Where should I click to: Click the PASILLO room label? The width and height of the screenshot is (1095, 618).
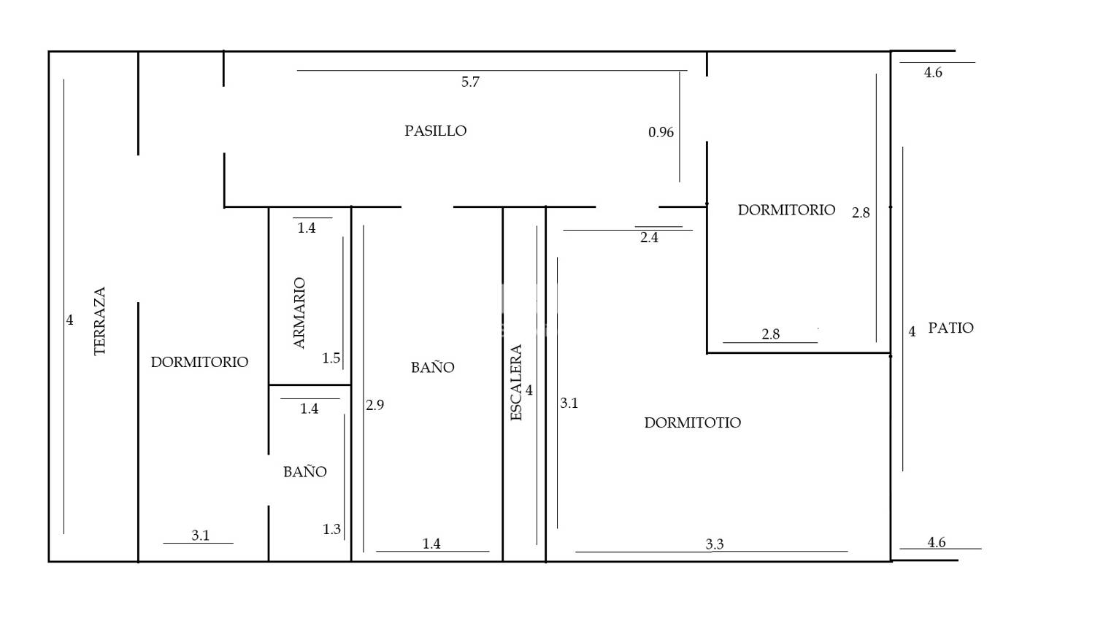click(x=436, y=131)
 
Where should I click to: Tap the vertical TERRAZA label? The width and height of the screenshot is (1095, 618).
click(x=100, y=321)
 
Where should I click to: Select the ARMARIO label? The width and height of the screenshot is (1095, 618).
click(x=299, y=313)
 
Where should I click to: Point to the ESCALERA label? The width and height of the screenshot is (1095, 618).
click(x=516, y=382)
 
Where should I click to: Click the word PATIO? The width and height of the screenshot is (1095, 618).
click(x=950, y=328)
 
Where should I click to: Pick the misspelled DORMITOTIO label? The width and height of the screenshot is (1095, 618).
click(x=692, y=422)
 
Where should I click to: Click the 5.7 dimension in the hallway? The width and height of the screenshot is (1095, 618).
click(x=470, y=82)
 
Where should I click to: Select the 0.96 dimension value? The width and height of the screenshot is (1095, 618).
click(x=661, y=132)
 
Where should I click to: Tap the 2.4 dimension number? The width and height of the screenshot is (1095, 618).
click(x=649, y=238)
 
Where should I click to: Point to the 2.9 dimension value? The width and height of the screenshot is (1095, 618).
click(x=375, y=405)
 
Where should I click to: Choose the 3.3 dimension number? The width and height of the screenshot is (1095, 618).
click(x=715, y=544)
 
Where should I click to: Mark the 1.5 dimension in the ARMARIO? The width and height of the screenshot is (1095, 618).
click(x=331, y=358)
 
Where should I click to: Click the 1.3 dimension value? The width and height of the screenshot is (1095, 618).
click(x=331, y=529)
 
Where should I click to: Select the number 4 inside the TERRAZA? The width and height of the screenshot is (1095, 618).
click(x=70, y=320)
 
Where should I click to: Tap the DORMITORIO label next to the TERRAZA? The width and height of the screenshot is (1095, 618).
click(x=199, y=362)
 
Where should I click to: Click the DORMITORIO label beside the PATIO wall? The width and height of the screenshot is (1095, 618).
click(x=786, y=210)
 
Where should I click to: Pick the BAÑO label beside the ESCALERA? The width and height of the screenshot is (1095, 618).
click(x=433, y=368)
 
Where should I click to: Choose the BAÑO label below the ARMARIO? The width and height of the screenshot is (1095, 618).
click(x=305, y=472)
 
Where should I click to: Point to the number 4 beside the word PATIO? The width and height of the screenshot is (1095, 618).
click(x=912, y=332)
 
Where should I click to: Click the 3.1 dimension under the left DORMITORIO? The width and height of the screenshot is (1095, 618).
click(x=201, y=536)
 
